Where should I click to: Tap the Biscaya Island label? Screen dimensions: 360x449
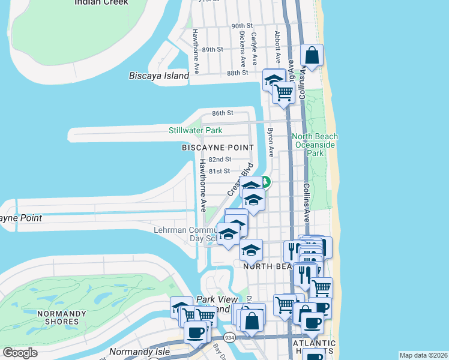click(159, 76)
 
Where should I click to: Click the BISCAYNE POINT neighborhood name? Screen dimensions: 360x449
click(218, 147)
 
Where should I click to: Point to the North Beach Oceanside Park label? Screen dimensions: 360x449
click(315, 145)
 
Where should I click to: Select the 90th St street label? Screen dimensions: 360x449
click(243, 26)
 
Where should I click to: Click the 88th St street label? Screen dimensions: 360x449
click(238, 73)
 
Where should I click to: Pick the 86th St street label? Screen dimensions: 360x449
click(221, 113)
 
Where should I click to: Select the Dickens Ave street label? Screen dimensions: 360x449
click(243, 49)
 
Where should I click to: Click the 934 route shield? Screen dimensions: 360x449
click(229, 339)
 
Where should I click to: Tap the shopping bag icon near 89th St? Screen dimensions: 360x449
click(312, 56)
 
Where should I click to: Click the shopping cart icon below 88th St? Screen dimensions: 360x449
click(283, 92)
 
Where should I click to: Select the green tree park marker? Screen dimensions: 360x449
click(265, 182)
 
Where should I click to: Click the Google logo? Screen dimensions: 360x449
click(20, 353)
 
